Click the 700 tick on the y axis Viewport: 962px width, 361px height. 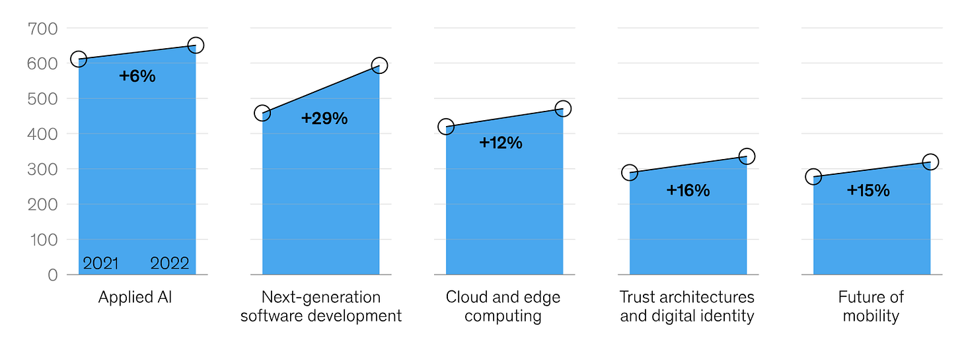(42, 28)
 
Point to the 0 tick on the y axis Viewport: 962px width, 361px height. (52, 275)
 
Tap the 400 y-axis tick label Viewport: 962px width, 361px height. (42, 134)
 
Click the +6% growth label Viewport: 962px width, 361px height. (137, 77)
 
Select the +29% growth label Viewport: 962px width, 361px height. (324, 119)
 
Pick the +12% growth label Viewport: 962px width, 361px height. (501, 143)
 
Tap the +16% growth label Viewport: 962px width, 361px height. (688, 191)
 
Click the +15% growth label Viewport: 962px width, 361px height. (868, 191)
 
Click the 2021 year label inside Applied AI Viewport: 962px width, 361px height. (100, 264)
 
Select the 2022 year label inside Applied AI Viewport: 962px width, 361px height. (170, 264)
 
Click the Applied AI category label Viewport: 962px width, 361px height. (135, 297)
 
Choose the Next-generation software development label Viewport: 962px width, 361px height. (321, 306)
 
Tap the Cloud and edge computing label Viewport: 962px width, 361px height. (503, 306)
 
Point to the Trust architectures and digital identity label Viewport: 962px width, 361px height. (687, 306)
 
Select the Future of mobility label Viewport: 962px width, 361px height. (871, 306)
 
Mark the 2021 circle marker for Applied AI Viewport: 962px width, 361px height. (79, 59)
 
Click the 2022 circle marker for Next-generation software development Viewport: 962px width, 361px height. (379, 65)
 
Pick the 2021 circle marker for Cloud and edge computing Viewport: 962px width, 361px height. (446, 127)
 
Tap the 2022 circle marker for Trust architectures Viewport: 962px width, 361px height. (747, 156)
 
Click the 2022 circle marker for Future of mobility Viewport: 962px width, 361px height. (930, 162)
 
